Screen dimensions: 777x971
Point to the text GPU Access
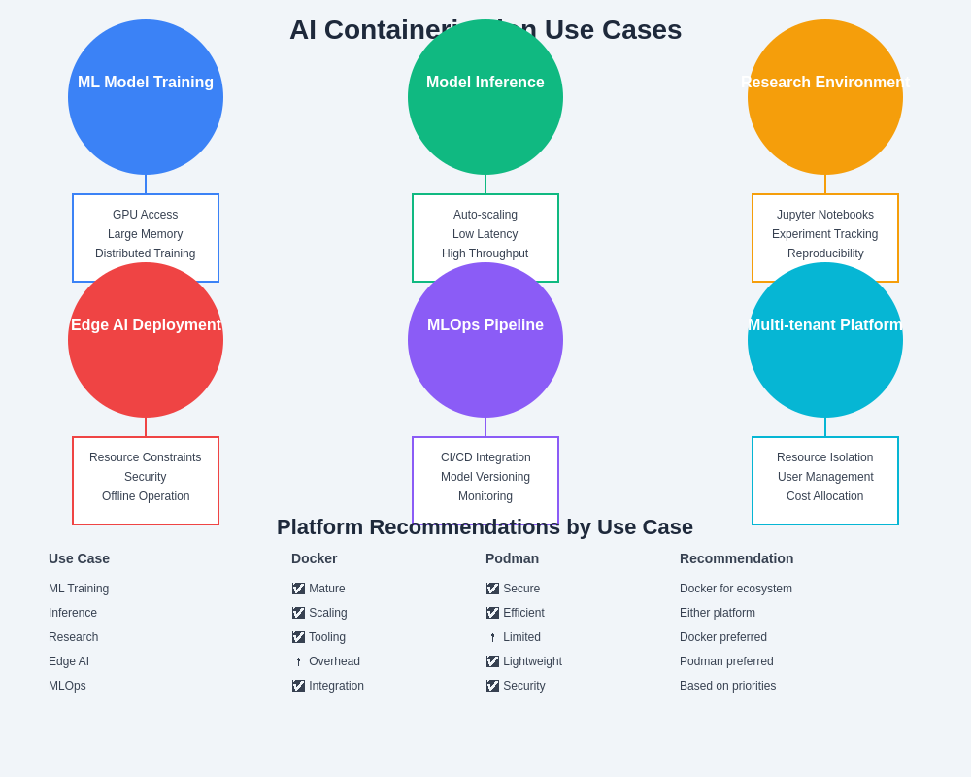tap(146, 215)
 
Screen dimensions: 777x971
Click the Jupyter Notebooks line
tap(825, 215)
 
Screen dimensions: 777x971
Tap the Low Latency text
tap(485, 234)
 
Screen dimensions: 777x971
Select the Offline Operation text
tap(146, 496)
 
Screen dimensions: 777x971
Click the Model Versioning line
tap(485, 477)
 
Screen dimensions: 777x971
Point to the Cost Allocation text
tap(825, 496)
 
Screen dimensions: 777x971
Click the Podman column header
tap(512, 558)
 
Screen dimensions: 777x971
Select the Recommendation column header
tap(736, 558)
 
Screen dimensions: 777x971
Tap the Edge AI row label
tap(69, 661)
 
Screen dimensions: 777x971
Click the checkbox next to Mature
tap(298, 589)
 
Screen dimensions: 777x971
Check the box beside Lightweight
tap(492, 661)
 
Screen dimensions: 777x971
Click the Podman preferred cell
tap(726, 661)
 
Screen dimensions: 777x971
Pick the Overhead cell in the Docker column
tap(334, 661)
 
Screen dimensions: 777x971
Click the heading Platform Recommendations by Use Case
tap(485, 527)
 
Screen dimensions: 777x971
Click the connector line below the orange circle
tap(825, 185)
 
